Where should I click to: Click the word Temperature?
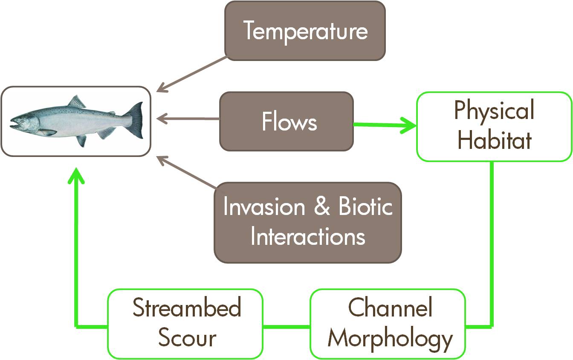(305, 31)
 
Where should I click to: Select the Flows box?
(286, 121)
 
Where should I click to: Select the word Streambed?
(187, 307)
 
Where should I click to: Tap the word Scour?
(187, 337)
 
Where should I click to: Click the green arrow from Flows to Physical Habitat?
(385, 125)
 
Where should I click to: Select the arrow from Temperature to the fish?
(191, 75)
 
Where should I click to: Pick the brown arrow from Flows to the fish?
(188, 119)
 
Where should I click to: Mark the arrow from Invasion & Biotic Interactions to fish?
(187, 173)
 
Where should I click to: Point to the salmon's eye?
(22, 121)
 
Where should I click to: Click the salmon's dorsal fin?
(76, 102)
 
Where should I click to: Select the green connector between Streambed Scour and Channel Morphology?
(286, 327)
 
